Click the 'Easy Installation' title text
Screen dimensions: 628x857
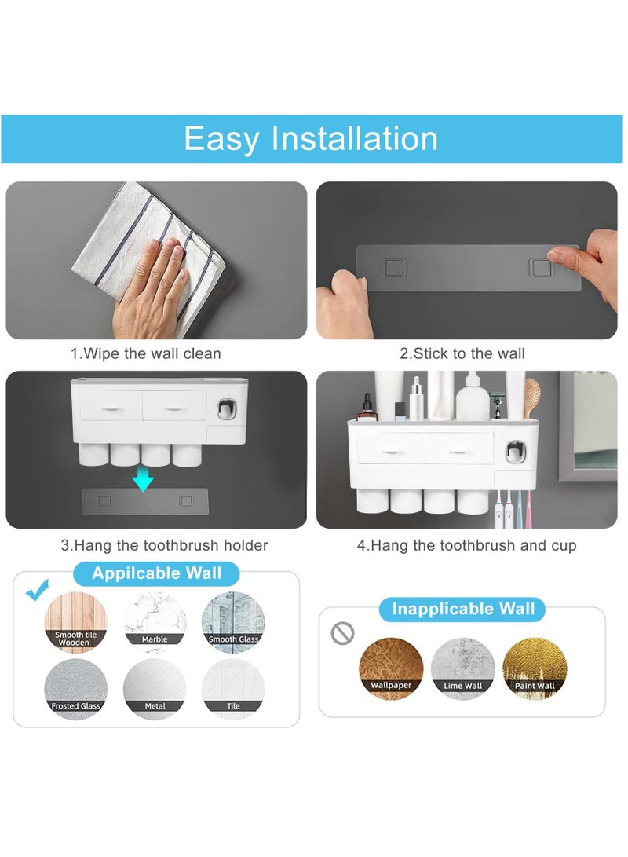(x=311, y=139)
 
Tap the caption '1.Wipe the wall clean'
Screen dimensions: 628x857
(x=146, y=353)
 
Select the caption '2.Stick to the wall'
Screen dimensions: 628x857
(x=462, y=353)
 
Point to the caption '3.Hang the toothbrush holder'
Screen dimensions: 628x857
(x=164, y=545)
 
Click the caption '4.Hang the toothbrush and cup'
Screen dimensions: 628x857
(x=466, y=545)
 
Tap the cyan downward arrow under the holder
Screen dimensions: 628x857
(x=143, y=478)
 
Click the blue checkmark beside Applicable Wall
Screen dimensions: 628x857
(x=38, y=589)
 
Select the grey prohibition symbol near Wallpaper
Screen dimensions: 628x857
(x=342, y=633)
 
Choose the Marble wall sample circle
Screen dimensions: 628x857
(x=155, y=623)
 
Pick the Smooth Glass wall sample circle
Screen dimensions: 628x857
(x=233, y=623)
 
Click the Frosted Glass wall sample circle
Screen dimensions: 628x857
(x=76, y=689)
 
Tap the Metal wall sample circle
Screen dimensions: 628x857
(x=155, y=689)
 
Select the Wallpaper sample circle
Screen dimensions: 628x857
(x=391, y=668)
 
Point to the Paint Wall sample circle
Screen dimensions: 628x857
(x=535, y=668)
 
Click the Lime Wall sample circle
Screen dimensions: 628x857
(x=462, y=668)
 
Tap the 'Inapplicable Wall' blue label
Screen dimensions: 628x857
(x=462, y=609)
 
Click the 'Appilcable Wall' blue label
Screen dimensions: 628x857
(x=157, y=573)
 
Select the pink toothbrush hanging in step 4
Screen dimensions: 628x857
(x=528, y=508)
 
